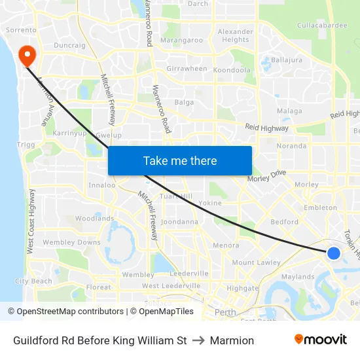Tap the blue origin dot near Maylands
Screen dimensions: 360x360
333,253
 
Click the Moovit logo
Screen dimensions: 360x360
321,340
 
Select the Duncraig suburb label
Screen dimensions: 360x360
69,46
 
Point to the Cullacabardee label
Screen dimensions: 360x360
321,26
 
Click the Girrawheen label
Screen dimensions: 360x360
187,69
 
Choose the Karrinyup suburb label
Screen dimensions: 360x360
70,133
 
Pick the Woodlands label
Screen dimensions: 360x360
94,219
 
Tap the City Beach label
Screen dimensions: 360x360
33,281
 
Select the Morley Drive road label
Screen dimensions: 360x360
267,176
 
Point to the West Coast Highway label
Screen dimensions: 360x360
31,222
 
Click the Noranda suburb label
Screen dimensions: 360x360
291,146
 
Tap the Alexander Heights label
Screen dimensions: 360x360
235,35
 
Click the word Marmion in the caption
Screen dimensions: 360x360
232,340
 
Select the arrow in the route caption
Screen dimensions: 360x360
198,340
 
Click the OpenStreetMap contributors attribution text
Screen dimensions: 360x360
65,312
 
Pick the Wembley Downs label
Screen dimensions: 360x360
72,242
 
